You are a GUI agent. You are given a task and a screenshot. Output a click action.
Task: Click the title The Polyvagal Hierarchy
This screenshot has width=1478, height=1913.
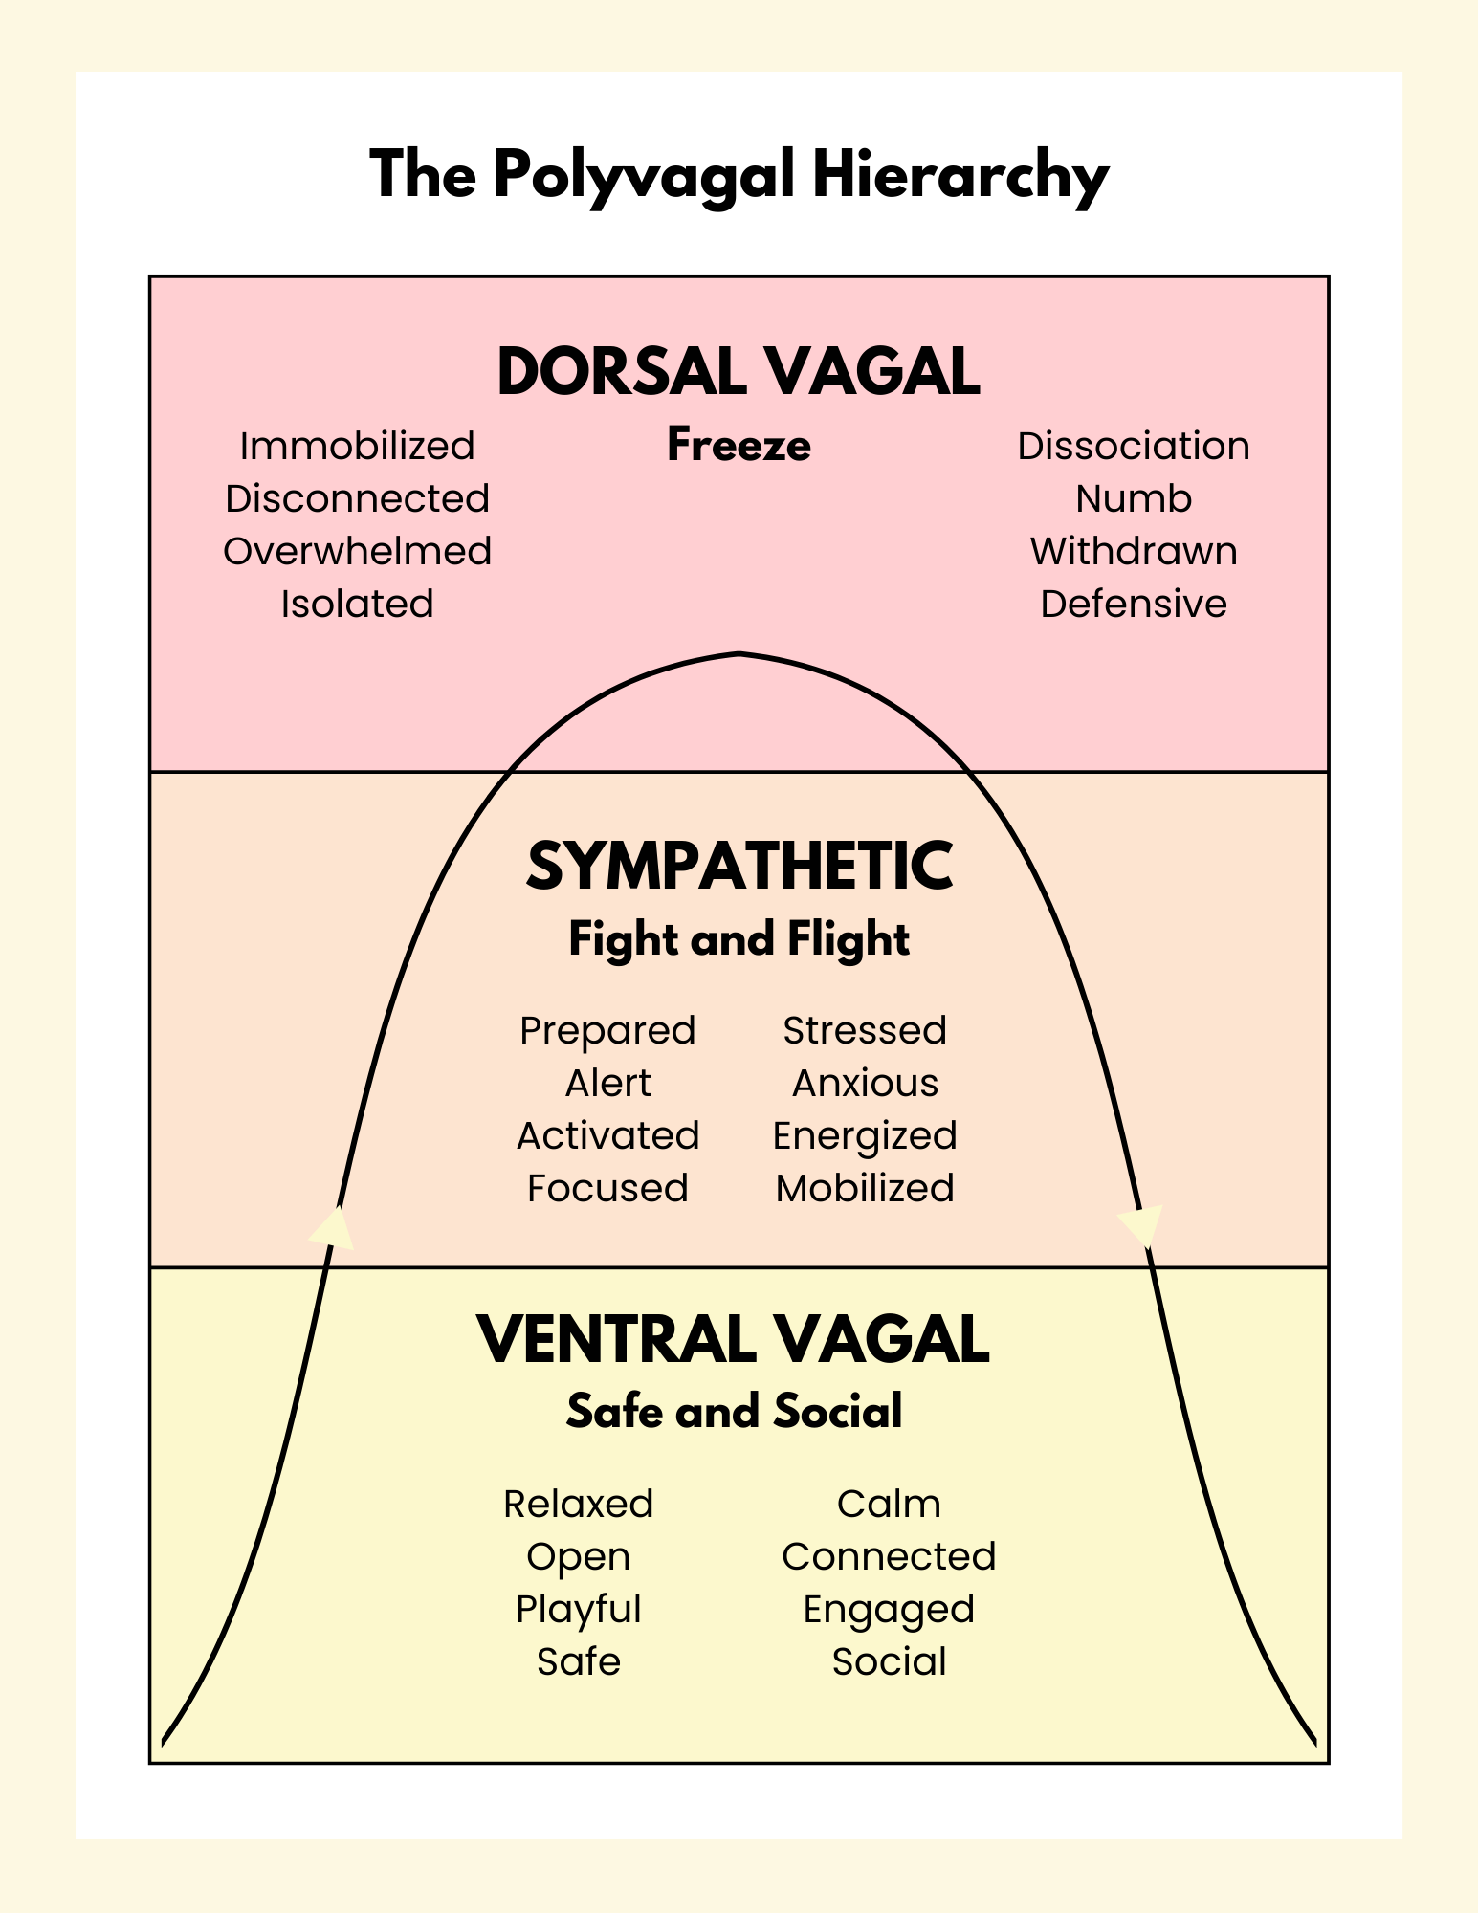point(739,176)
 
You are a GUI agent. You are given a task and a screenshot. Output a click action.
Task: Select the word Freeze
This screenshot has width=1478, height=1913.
point(739,445)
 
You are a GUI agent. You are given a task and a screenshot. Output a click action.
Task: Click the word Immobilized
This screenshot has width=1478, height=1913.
point(357,446)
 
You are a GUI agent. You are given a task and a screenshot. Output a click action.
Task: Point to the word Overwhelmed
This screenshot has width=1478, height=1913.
point(357,551)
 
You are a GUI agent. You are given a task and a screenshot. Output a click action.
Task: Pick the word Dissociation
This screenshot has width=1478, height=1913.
point(1133,446)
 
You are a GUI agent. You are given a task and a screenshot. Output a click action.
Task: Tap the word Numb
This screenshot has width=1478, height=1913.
point(1133,498)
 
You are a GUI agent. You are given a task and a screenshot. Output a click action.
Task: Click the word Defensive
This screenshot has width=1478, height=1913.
point(1133,604)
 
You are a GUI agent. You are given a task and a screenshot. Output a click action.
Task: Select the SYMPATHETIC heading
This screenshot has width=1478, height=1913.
point(739,866)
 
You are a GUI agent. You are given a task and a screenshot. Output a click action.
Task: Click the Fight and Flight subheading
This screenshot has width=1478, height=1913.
point(739,938)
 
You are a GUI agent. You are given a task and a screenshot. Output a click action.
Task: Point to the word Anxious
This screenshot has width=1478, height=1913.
point(865,1083)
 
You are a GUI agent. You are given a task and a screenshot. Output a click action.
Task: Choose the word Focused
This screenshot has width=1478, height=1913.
point(607,1188)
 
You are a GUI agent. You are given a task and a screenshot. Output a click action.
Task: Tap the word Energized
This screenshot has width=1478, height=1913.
point(865,1135)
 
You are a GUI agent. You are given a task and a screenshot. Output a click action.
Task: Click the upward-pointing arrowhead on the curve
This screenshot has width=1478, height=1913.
point(333,1228)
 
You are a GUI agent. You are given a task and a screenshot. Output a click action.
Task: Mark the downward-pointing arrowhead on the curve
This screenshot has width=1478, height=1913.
point(1140,1226)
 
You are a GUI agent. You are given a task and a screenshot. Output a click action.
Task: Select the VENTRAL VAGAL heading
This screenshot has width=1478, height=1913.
point(733,1339)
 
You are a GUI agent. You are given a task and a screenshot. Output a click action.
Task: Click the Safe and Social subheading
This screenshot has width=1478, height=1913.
point(734,1411)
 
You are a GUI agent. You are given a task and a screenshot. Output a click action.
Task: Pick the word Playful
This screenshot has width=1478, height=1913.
point(578,1609)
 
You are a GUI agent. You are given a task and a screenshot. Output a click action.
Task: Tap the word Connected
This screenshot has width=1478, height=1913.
point(889,1556)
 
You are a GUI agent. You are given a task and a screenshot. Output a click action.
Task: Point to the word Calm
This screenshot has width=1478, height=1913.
point(889,1504)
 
